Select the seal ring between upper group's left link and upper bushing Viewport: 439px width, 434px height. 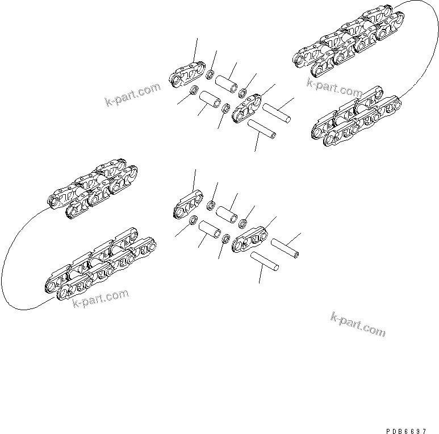tap(210, 74)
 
